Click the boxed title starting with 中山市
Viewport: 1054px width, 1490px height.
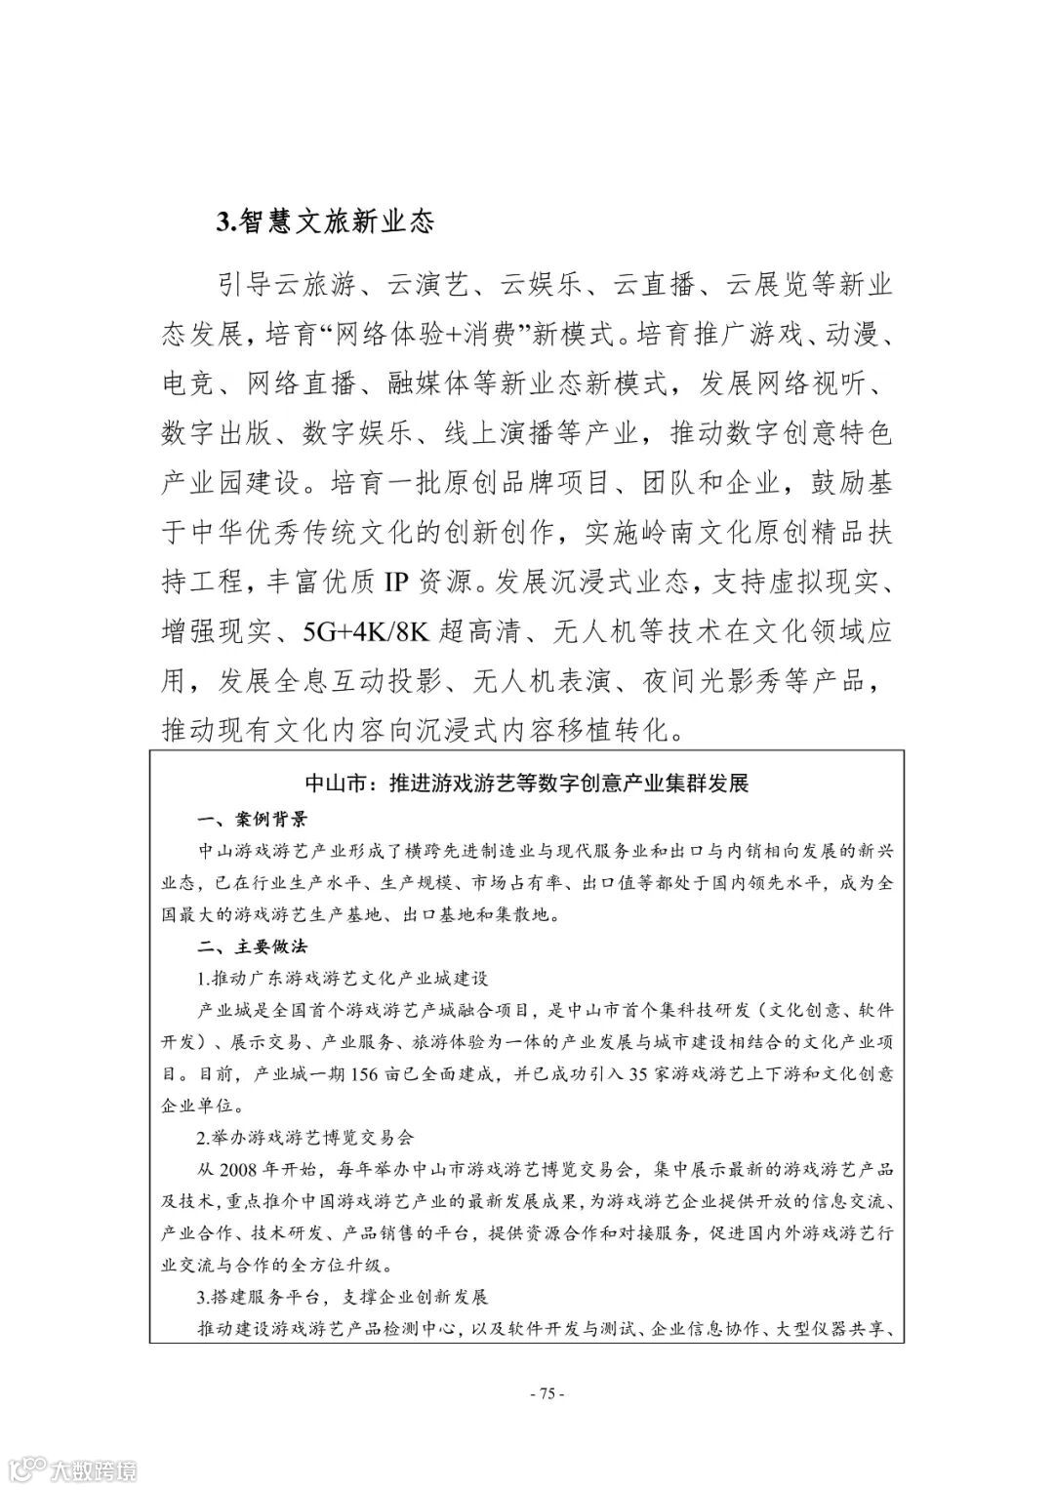[x=526, y=783]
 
